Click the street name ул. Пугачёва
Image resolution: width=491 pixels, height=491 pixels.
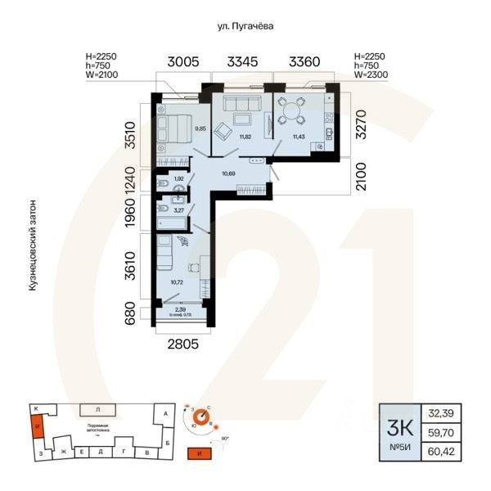245,26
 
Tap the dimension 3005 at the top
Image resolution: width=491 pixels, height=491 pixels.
184,61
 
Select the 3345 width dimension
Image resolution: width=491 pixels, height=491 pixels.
245,61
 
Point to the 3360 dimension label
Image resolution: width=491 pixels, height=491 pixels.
304,61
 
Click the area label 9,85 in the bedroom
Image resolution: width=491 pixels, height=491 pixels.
199,128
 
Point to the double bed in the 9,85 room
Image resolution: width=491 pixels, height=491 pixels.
174,128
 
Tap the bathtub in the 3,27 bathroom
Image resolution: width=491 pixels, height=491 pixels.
164,217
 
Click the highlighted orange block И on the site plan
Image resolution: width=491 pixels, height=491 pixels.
35,426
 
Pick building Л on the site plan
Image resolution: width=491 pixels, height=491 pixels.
97,408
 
